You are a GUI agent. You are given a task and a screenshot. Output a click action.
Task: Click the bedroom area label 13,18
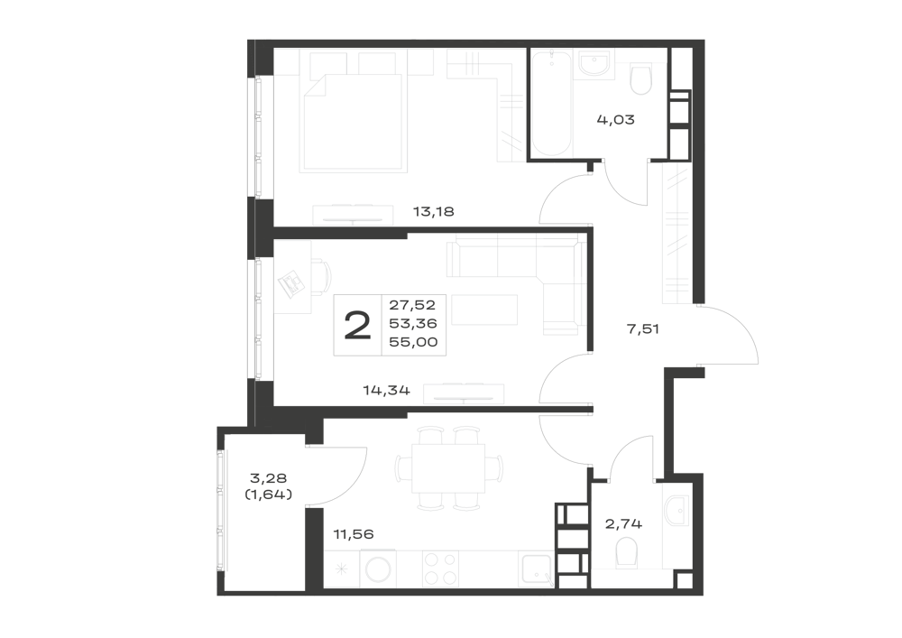coord(434,212)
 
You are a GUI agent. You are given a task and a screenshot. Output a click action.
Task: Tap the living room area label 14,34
coord(386,391)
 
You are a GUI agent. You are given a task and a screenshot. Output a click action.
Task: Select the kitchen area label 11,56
coord(354,534)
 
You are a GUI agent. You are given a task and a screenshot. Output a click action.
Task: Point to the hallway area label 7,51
coord(642,329)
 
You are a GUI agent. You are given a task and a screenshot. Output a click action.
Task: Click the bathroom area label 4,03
coord(615,120)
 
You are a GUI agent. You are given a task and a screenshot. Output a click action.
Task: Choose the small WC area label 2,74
coord(623,524)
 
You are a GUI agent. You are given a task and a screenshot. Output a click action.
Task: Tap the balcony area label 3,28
coord(269,478)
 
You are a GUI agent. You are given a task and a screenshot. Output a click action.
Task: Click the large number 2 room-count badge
coord(357,325)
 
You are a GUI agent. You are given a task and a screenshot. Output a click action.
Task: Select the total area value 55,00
coord(413,342)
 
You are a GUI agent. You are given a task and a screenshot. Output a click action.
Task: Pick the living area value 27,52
coord(412,305)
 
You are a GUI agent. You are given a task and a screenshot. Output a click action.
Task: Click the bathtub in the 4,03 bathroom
coord(551,104)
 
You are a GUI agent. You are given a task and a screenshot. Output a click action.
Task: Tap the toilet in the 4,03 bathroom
coord(640,79)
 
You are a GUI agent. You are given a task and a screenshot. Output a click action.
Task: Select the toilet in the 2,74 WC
coord(626,553)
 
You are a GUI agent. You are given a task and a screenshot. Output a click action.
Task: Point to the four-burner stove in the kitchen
coord(441,569)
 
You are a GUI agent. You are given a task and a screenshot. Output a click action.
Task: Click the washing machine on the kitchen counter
coord(379,569)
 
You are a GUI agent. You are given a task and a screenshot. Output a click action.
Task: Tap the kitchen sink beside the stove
coord(535,569)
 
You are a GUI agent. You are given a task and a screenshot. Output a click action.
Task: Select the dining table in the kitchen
coord(448,468)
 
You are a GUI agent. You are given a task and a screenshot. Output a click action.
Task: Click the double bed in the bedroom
coord(354,123)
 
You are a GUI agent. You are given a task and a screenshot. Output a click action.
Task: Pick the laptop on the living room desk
coord(291,282)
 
